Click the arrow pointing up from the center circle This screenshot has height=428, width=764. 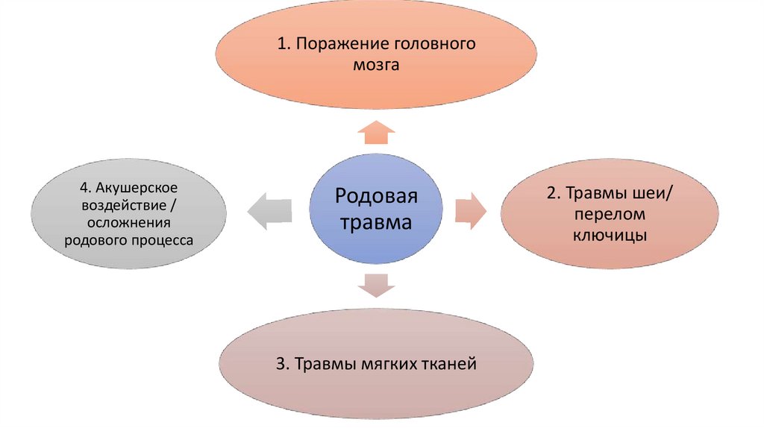(376, 133)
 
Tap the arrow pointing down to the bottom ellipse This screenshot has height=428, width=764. (376, 286)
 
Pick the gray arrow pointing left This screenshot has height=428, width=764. (269, 210)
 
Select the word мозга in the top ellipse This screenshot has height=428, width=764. (376, 65)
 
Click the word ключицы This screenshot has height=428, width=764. (610, 236)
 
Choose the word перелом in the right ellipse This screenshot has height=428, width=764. (610, 214)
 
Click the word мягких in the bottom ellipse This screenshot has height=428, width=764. (386, 365)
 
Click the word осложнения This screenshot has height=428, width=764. (129, 222)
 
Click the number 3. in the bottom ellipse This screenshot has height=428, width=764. (282, 365)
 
